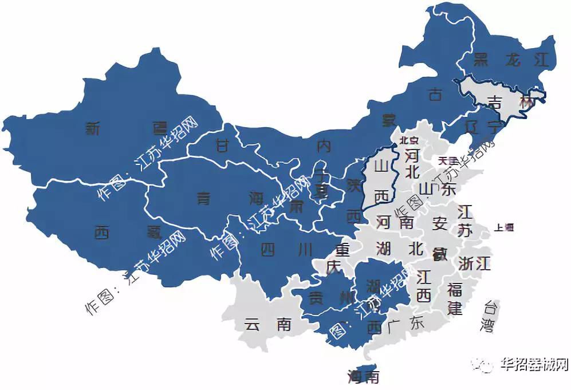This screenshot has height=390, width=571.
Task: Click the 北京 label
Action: tap(409, 140)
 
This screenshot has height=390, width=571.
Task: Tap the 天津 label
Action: tap(447, 160)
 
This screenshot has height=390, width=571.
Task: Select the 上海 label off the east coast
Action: tap(505, 227)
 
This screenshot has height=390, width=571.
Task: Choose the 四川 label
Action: tap(286, 250)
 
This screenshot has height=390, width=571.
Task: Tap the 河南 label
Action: tap(395, 222)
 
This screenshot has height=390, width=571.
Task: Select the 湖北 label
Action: tap(399, 249)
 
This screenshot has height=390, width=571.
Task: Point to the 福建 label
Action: tap(455, 297)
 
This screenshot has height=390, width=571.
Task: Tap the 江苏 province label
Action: tap(464, 221)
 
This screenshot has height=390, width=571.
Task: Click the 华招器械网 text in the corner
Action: tap(533, 365)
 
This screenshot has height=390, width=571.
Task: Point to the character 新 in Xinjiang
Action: tap(93, 129)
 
